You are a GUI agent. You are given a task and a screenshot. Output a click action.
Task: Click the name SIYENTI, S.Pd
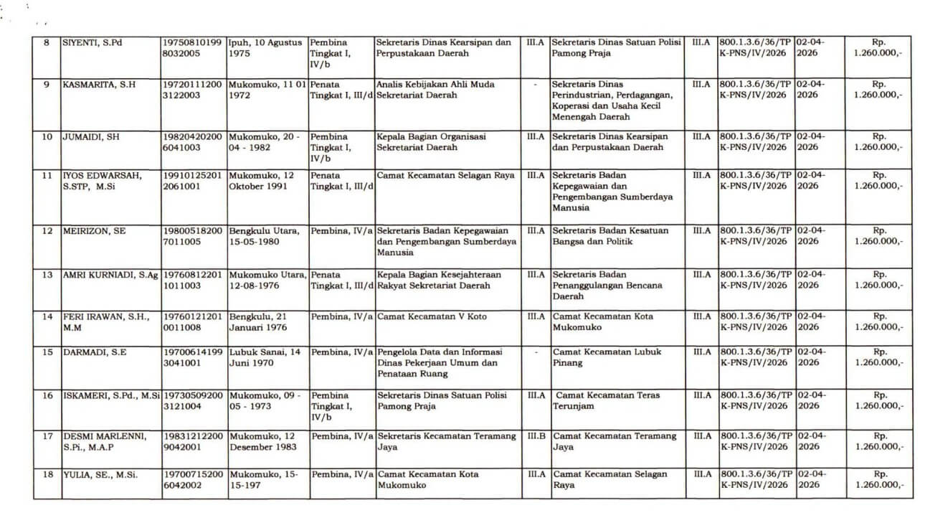[92, 42]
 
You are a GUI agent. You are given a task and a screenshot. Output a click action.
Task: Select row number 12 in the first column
[47, 231]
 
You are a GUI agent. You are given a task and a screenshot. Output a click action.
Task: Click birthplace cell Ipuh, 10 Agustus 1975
[265, 48]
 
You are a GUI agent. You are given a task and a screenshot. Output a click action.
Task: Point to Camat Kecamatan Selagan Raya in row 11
[445, 176]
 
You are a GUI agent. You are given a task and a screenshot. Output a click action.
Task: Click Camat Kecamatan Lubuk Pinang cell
[607, 357]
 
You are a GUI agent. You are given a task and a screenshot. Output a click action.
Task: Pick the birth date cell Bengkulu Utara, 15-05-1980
[267, 237]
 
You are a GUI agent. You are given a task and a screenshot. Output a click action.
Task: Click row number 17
[47, 436]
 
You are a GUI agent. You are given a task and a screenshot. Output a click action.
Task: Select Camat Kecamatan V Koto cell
[432, 316]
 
